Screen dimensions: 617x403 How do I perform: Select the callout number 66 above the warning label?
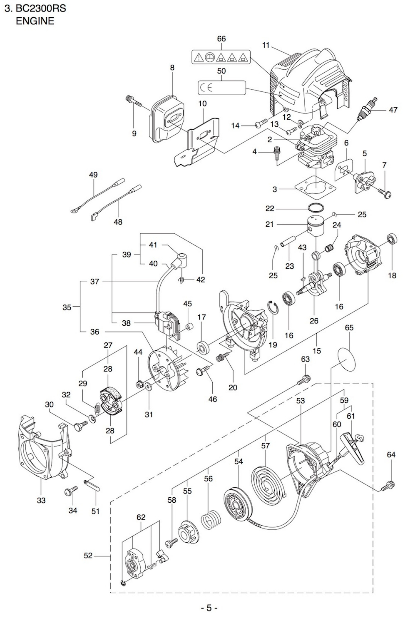tap(221, 39)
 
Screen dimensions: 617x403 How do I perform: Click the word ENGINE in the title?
tap(35, 21)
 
